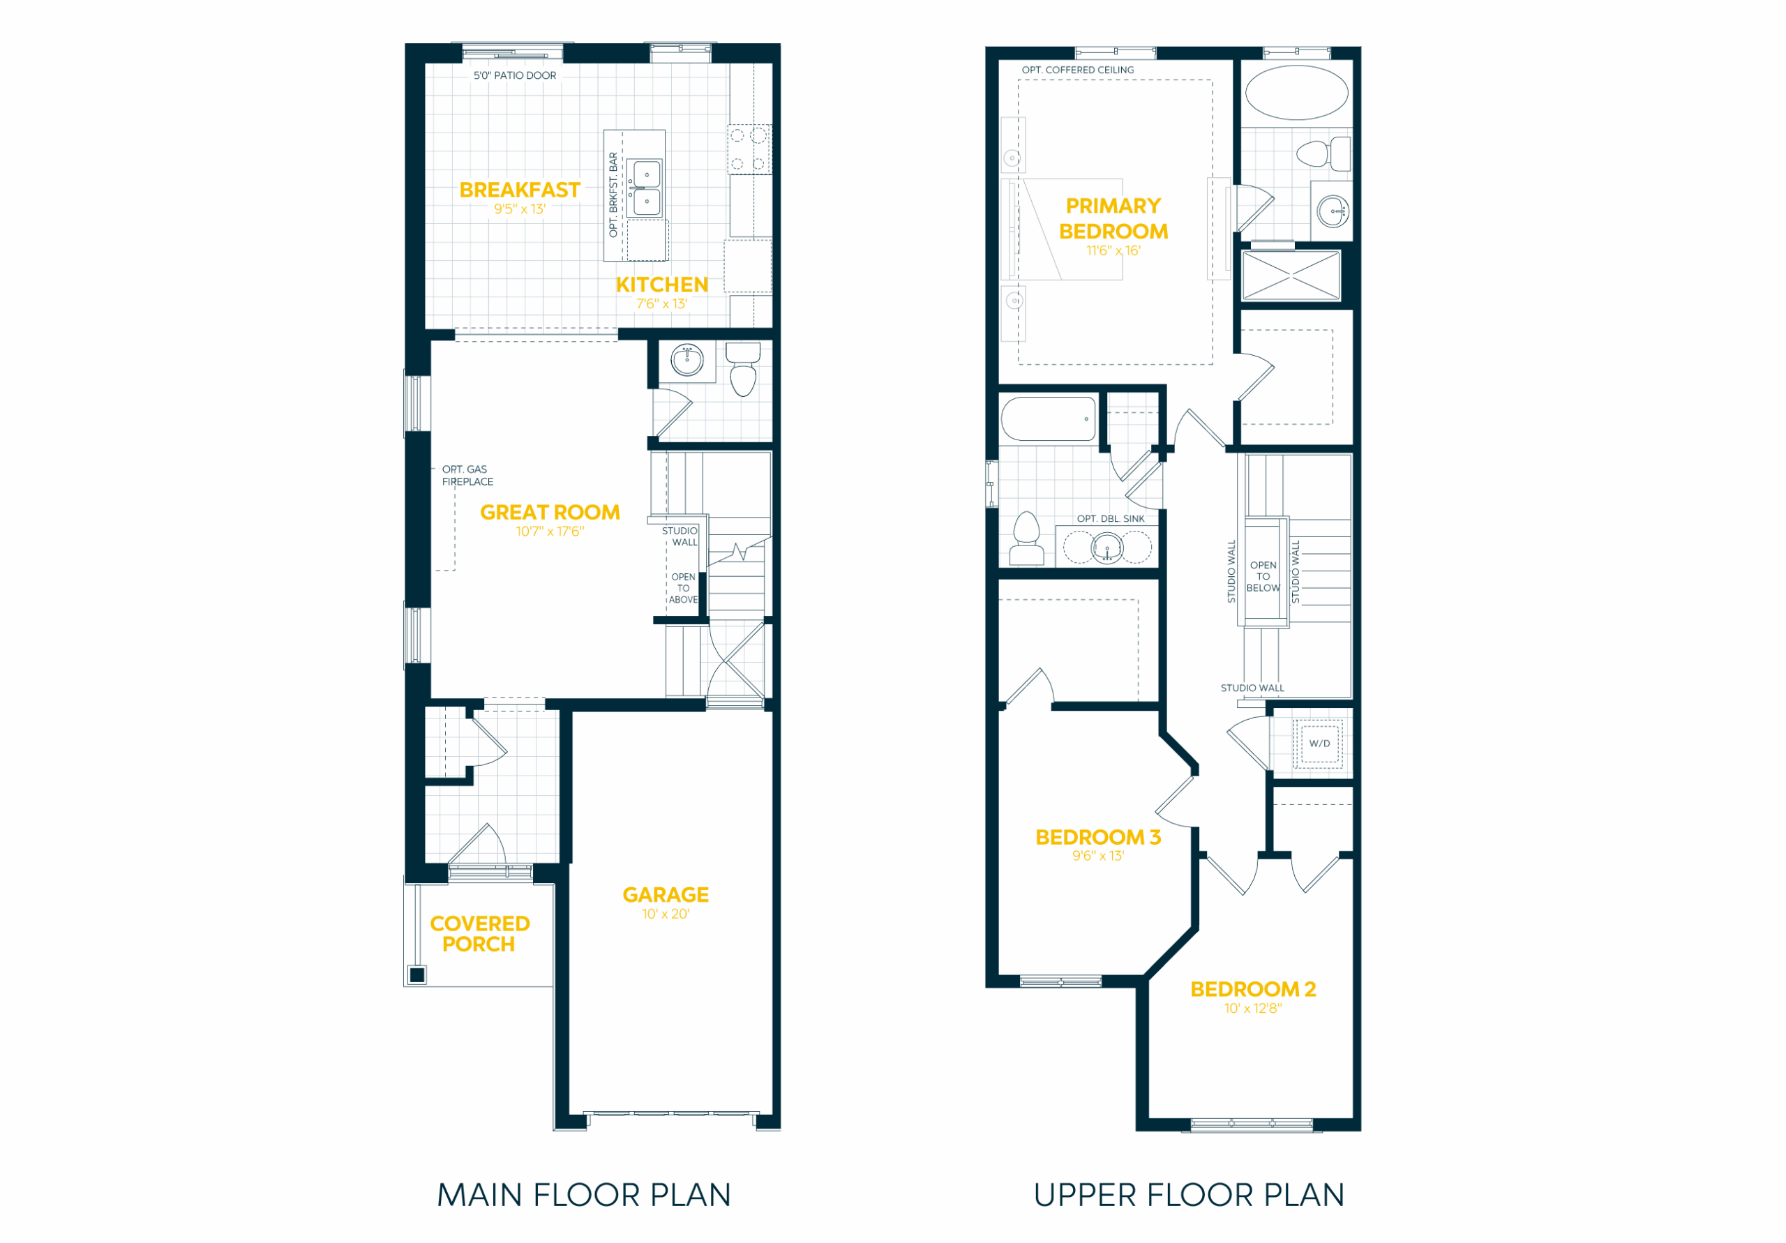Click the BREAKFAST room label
point(520,190)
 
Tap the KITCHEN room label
point(662,285)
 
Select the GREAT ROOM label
point(550,513)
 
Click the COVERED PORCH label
point(480,934)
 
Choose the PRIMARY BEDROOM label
point(1114,218)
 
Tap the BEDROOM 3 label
point(1098,838)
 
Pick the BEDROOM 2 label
point(1253,989)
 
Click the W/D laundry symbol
point(1319,744)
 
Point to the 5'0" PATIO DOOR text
point(515,75)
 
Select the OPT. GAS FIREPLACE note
point(467,475)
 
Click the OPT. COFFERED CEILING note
point(1078,70)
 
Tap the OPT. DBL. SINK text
point(1111,519)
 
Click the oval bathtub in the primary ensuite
point(1297,93)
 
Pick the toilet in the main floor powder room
point(743,370)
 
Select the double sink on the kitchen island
point(645,188)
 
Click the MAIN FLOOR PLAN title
point(584,1196)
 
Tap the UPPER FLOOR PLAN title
point(1190,1196)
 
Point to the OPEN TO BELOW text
point(1263,576)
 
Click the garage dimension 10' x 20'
point(666,914)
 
